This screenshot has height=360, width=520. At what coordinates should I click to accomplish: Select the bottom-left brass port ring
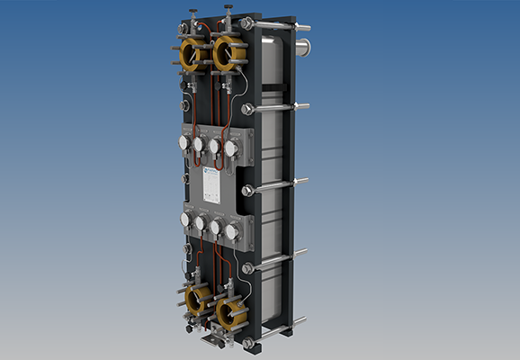[197, 299]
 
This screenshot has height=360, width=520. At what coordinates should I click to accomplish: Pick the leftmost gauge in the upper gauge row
[184, 142]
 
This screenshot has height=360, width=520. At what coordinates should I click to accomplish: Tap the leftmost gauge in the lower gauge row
[185, 220]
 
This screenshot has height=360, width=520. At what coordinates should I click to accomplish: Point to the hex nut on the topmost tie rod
[247, 24]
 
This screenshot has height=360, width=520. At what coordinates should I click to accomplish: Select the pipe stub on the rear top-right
[305, 43]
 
